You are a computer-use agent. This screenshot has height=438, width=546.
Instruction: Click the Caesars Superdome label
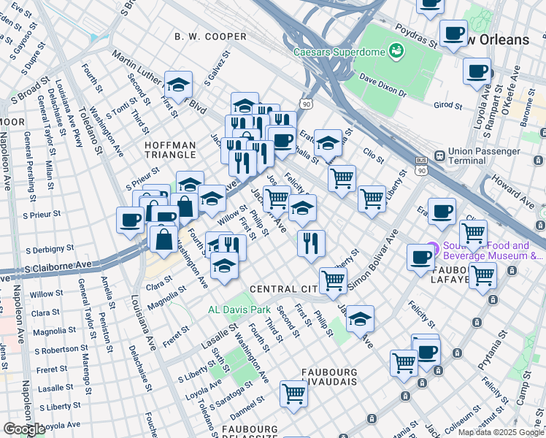[339, 53]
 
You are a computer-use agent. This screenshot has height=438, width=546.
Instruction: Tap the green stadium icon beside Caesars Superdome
[396, 50]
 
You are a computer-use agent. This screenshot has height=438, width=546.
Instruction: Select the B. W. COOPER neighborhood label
[210, 36]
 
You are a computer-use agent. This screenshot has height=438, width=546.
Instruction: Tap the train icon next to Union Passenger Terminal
[440, 155]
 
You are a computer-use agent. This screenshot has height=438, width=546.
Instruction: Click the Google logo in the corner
[23, 429]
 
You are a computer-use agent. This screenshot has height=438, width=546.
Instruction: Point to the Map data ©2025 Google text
[501, 432]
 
